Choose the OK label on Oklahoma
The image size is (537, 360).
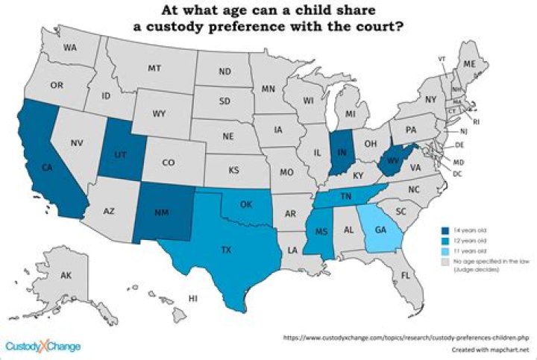point(246,203)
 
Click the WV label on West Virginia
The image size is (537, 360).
point(393,160)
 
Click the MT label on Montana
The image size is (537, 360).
point(154,68)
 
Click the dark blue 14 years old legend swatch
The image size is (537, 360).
point(444,230)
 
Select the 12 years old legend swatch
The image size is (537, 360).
point(444,241)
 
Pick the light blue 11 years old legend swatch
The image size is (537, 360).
point(444,252)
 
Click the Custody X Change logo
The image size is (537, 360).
point(43,346)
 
